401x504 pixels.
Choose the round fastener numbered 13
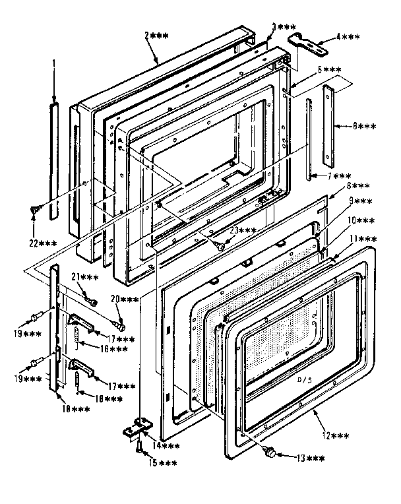(268, 453)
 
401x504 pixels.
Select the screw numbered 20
(119, 324)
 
